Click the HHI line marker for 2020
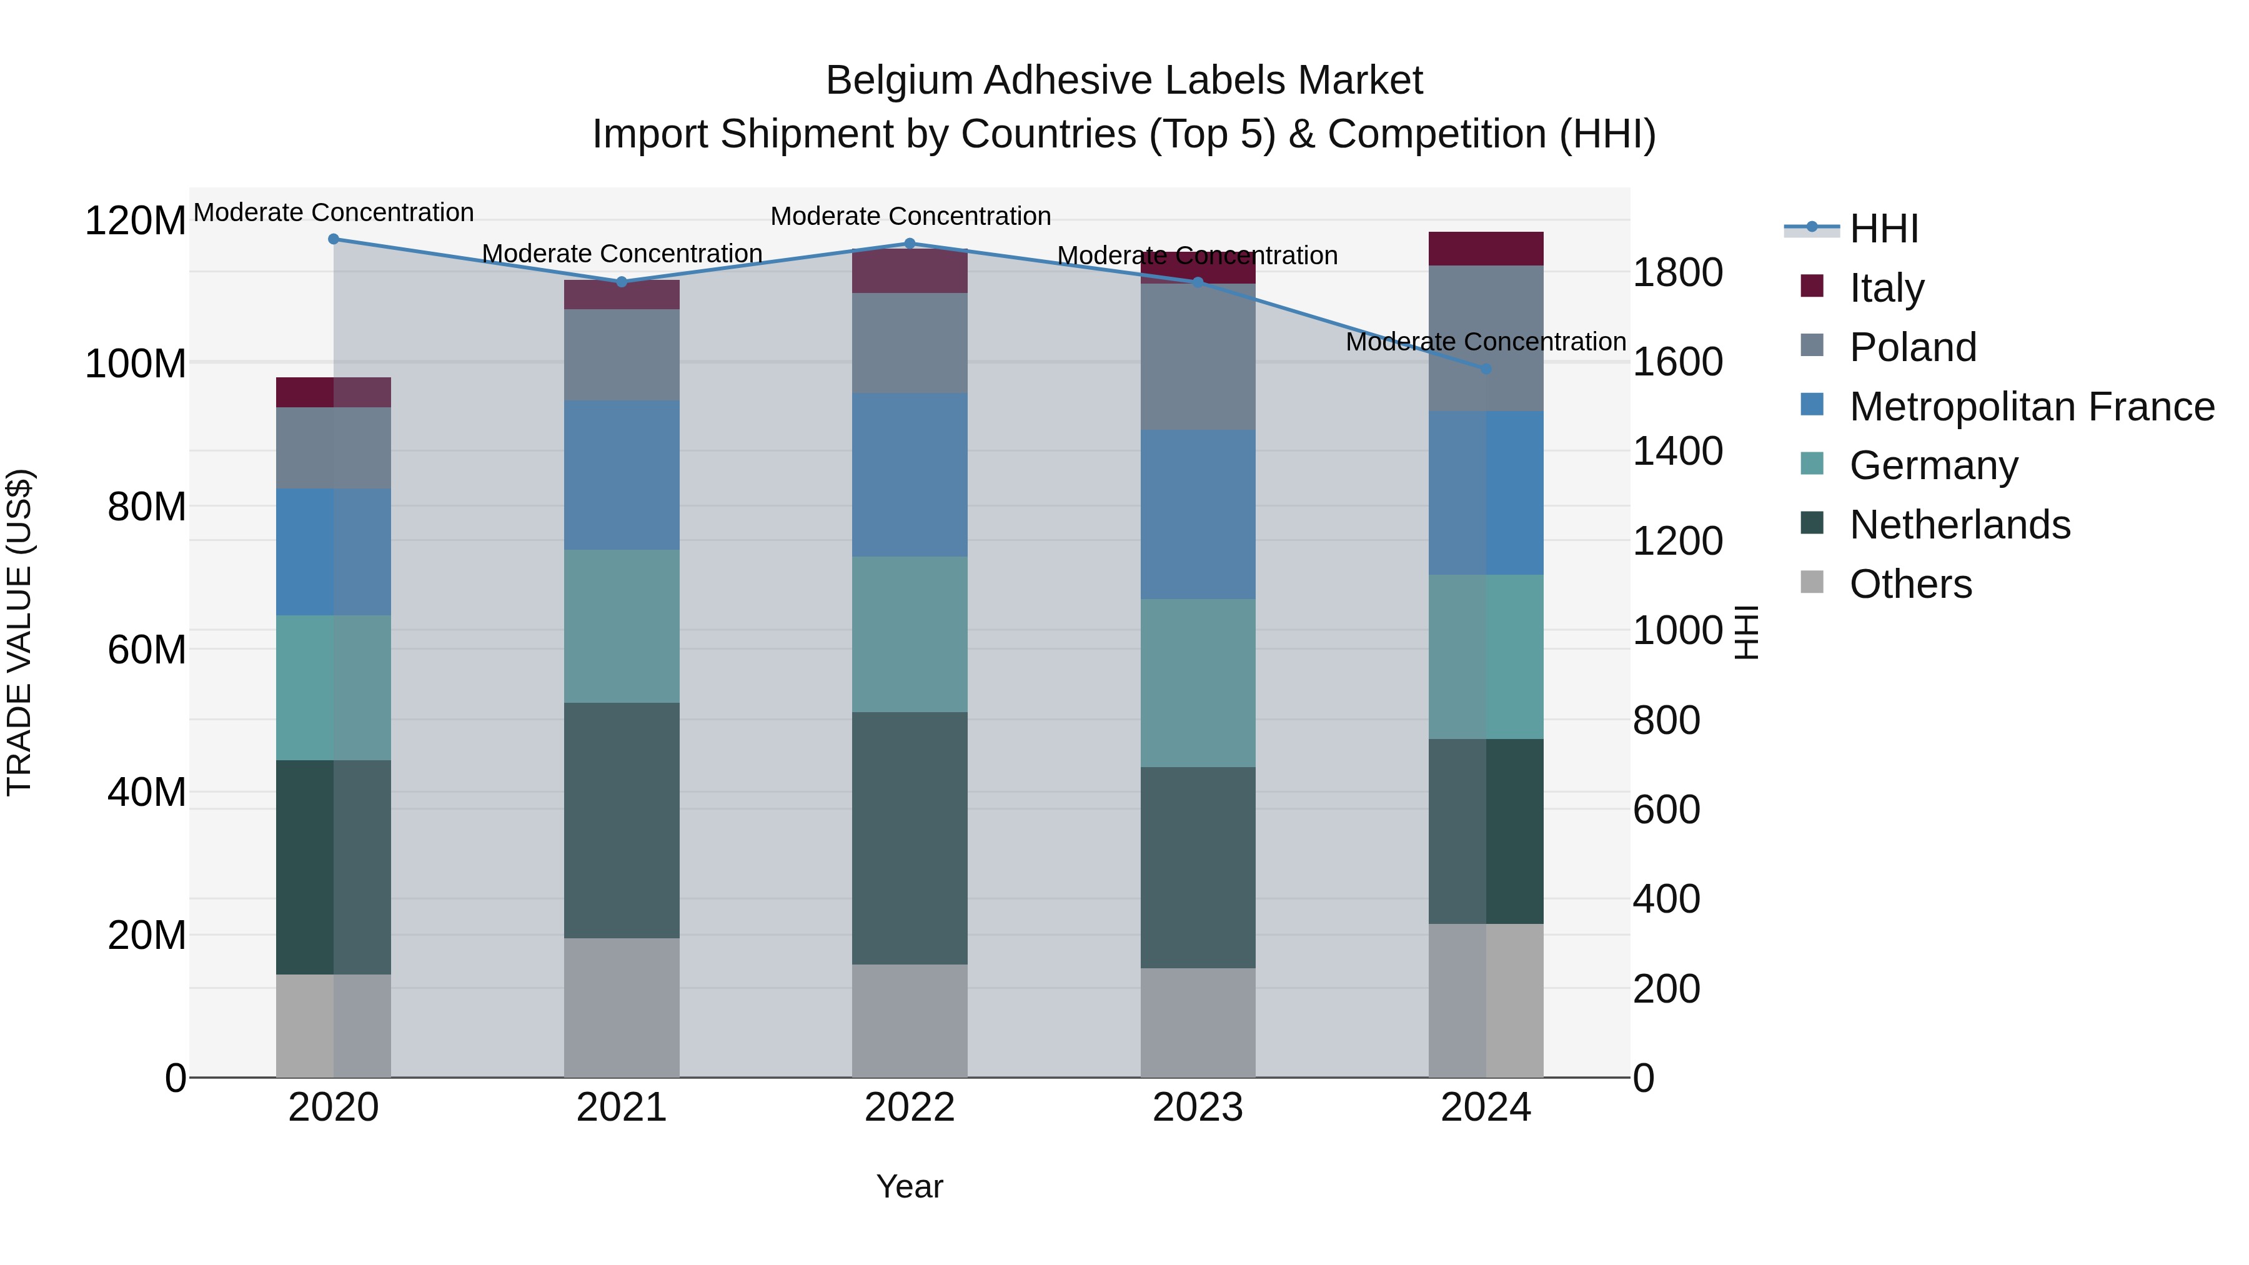tap(334, 239)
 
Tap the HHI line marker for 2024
tap(1486, 369)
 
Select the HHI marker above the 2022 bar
tap(910, 244)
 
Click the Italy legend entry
tap(1886, 287)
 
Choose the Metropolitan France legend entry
tap(2031, 407)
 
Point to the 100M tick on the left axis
tap(136, 363)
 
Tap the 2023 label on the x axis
tap(1198, 1108)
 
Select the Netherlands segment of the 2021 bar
tap(622, 821)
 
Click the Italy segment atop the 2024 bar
tap(1486, 249)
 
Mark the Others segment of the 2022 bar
tap(910, 1021)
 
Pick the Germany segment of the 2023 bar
tap(1198, 683)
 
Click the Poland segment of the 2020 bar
tap(334, 448)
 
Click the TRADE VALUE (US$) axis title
tap(19, 632)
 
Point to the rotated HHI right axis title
tap(1745, 632)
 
